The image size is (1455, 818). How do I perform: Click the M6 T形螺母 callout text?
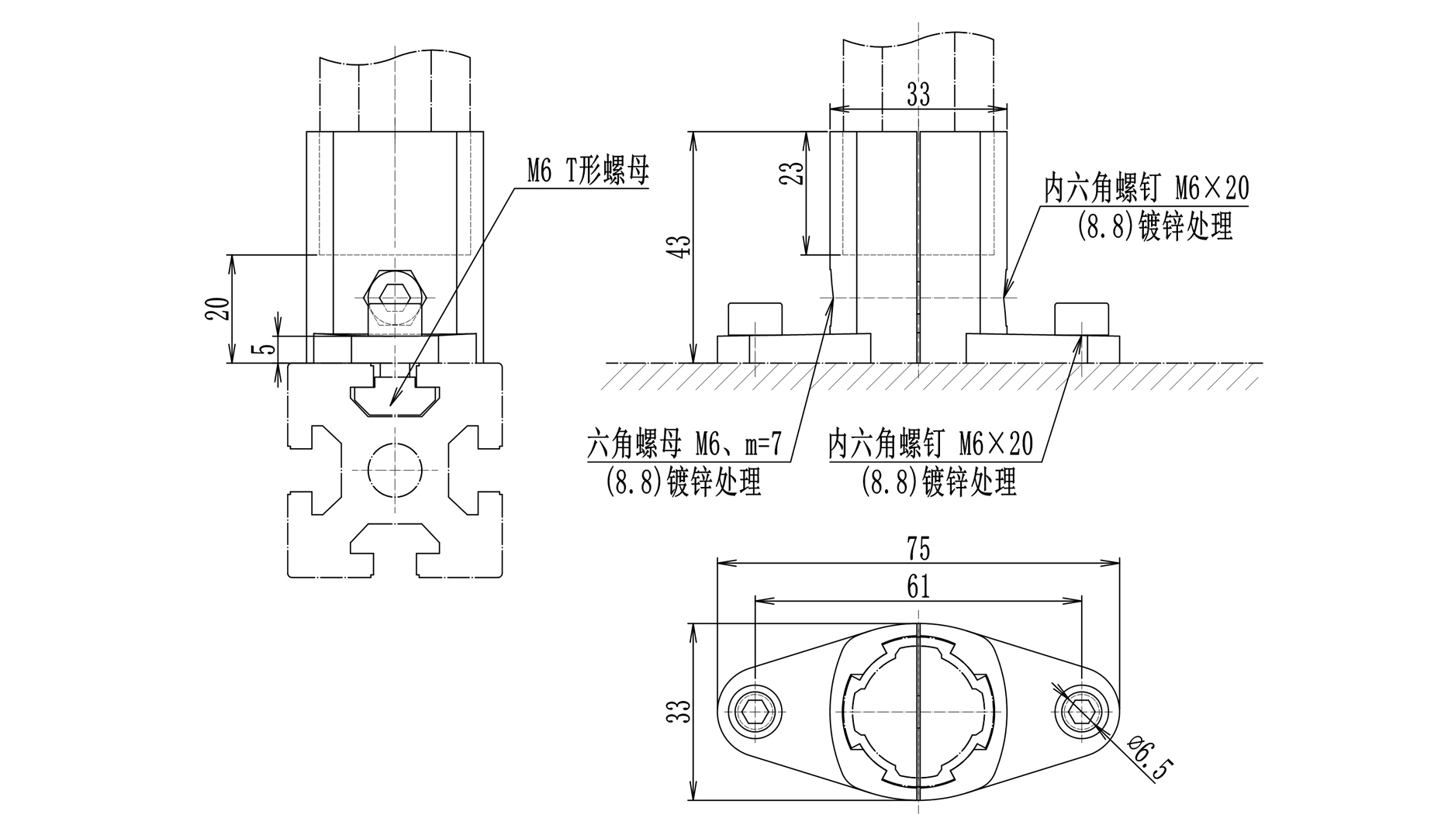587,172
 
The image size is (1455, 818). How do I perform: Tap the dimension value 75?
918,549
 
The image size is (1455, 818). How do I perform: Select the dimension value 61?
918,587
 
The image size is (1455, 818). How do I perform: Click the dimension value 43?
682,247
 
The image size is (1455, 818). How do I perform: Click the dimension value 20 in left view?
219,308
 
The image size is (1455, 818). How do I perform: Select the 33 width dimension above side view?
918,95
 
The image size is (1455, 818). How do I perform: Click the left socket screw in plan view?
752,710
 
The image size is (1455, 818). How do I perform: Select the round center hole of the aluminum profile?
396,469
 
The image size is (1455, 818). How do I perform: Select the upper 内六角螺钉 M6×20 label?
1146,188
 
